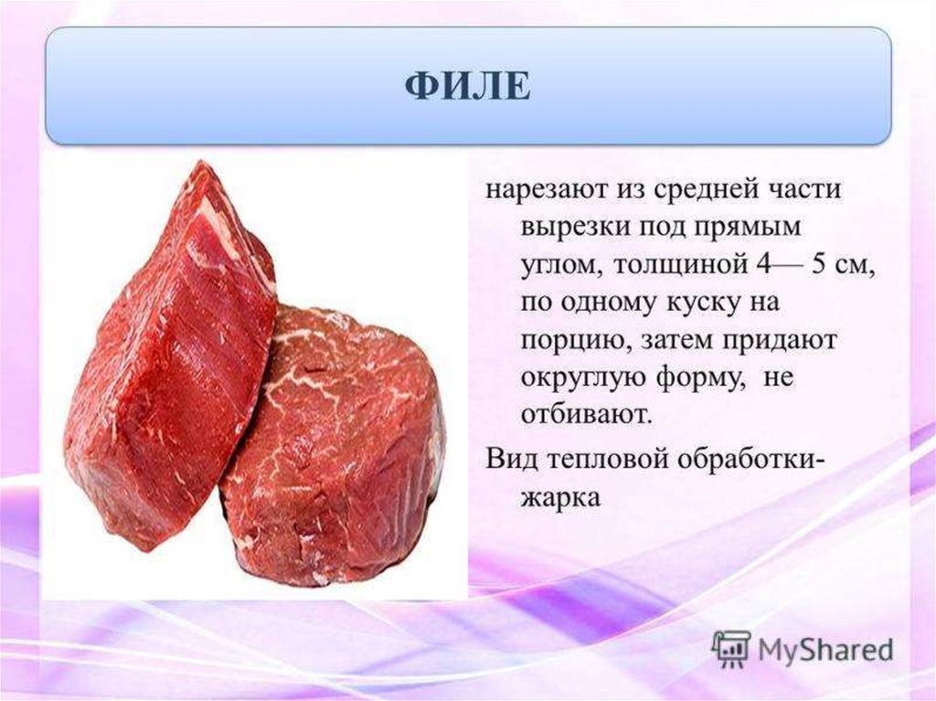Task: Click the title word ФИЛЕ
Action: [468, 86]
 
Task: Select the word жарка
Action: [560, 497]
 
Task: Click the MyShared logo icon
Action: [731, 649]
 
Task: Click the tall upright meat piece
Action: [172, 357]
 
